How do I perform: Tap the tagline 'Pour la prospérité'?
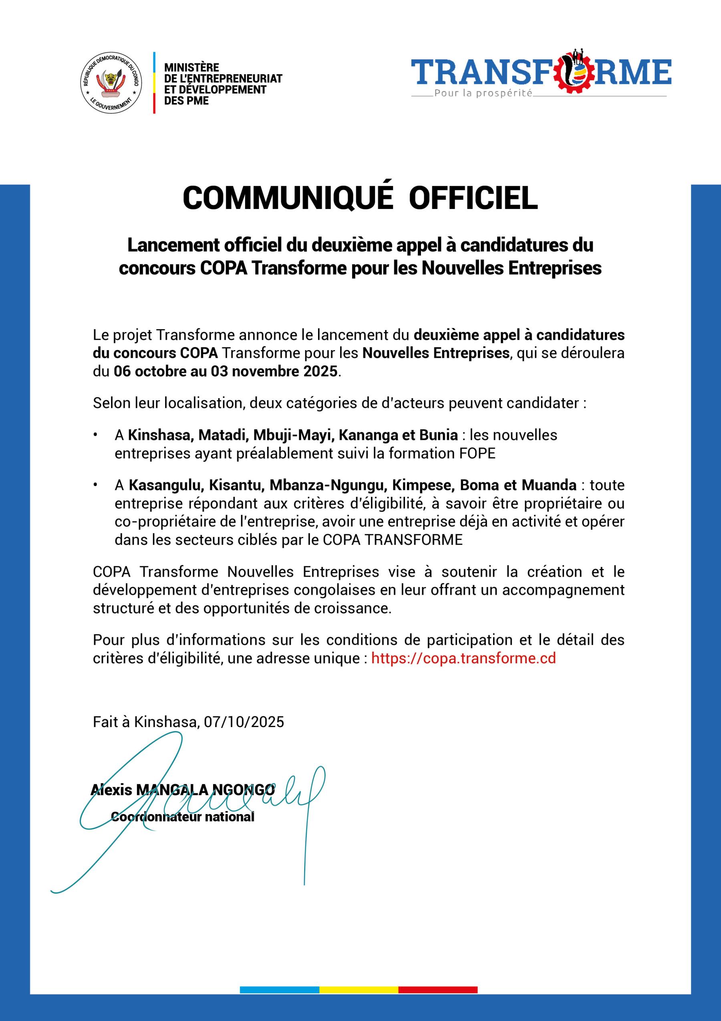(x=483, y=93)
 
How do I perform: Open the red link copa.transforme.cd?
(x=463, y=658)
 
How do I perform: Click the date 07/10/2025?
(x=244, y=722)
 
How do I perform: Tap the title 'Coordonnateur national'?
(x=183, y=817)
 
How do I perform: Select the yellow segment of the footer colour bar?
(x=358, y=990)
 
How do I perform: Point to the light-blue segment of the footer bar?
(x=280, y=990)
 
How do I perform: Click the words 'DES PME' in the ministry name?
(x=186, y=101)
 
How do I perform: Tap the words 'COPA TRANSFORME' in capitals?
(x=393, y=540)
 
